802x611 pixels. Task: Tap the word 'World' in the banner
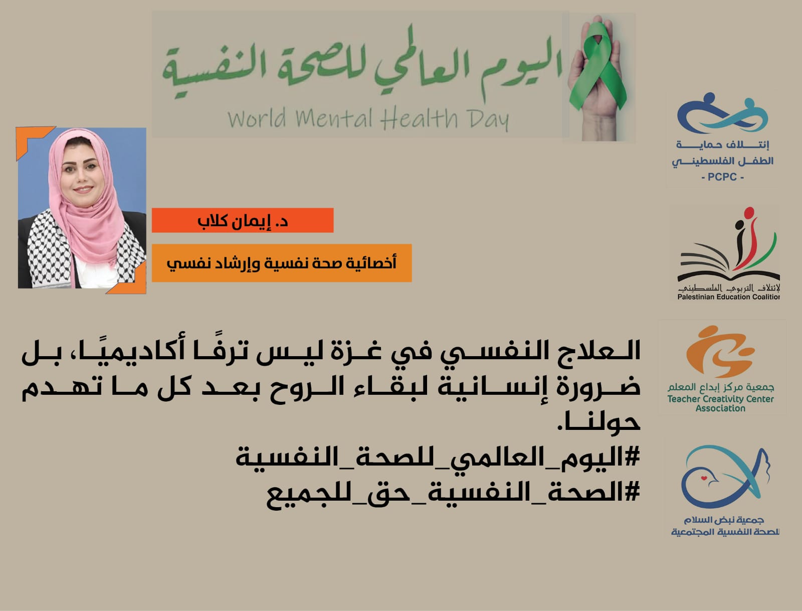257,118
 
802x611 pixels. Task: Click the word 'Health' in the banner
419,118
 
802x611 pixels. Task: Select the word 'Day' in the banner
488,119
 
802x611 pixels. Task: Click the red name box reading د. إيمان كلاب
243,221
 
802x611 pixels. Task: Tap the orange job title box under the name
281,263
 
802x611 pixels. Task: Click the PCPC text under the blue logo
722,177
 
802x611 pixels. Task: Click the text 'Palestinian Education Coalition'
728,297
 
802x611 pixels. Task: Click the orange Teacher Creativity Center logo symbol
719,351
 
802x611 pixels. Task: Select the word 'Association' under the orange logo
720,408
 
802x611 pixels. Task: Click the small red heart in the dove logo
704,478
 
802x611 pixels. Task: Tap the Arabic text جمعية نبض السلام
724,520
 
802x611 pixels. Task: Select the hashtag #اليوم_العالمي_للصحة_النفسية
438,457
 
